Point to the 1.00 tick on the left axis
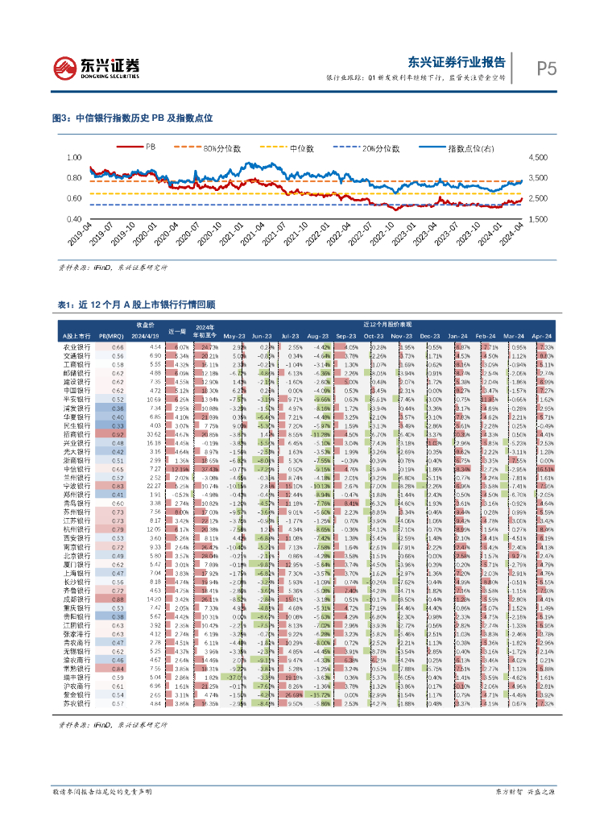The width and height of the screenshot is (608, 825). (74, 157)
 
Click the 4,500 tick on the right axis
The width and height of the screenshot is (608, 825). (537, 157)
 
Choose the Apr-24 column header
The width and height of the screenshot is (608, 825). (544, 334)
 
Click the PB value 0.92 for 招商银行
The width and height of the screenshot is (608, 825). (118, 433)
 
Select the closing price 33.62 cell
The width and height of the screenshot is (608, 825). (156, 433)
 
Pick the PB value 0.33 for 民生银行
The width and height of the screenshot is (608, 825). (118, 425)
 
